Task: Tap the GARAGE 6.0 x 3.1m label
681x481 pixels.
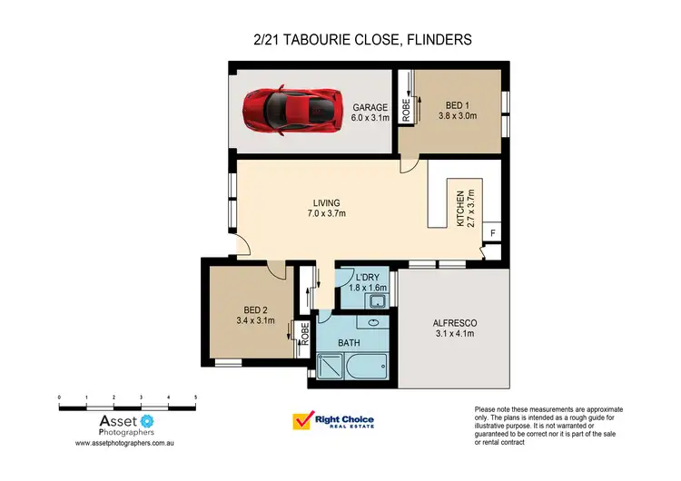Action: pos(370,112)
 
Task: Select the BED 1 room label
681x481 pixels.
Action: pos(458,110)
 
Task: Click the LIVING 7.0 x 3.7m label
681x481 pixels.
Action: pos(326,208)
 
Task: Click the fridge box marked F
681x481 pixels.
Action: pos(493,234)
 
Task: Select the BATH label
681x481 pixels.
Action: pos(350,343)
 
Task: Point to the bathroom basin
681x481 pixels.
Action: pos(374,322)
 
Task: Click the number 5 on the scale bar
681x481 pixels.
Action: pos(196,398)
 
